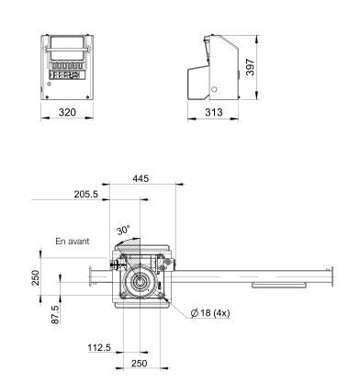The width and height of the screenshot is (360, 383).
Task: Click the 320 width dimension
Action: click(x=68, y=112)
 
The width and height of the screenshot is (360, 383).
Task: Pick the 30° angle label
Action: click(x=123, y=231)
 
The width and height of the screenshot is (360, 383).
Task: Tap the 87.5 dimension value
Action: click(x=56, y=312)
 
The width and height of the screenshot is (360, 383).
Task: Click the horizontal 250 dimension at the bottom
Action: click(x=139, y=365)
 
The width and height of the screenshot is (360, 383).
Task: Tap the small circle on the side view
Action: click(x=214, y=89)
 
